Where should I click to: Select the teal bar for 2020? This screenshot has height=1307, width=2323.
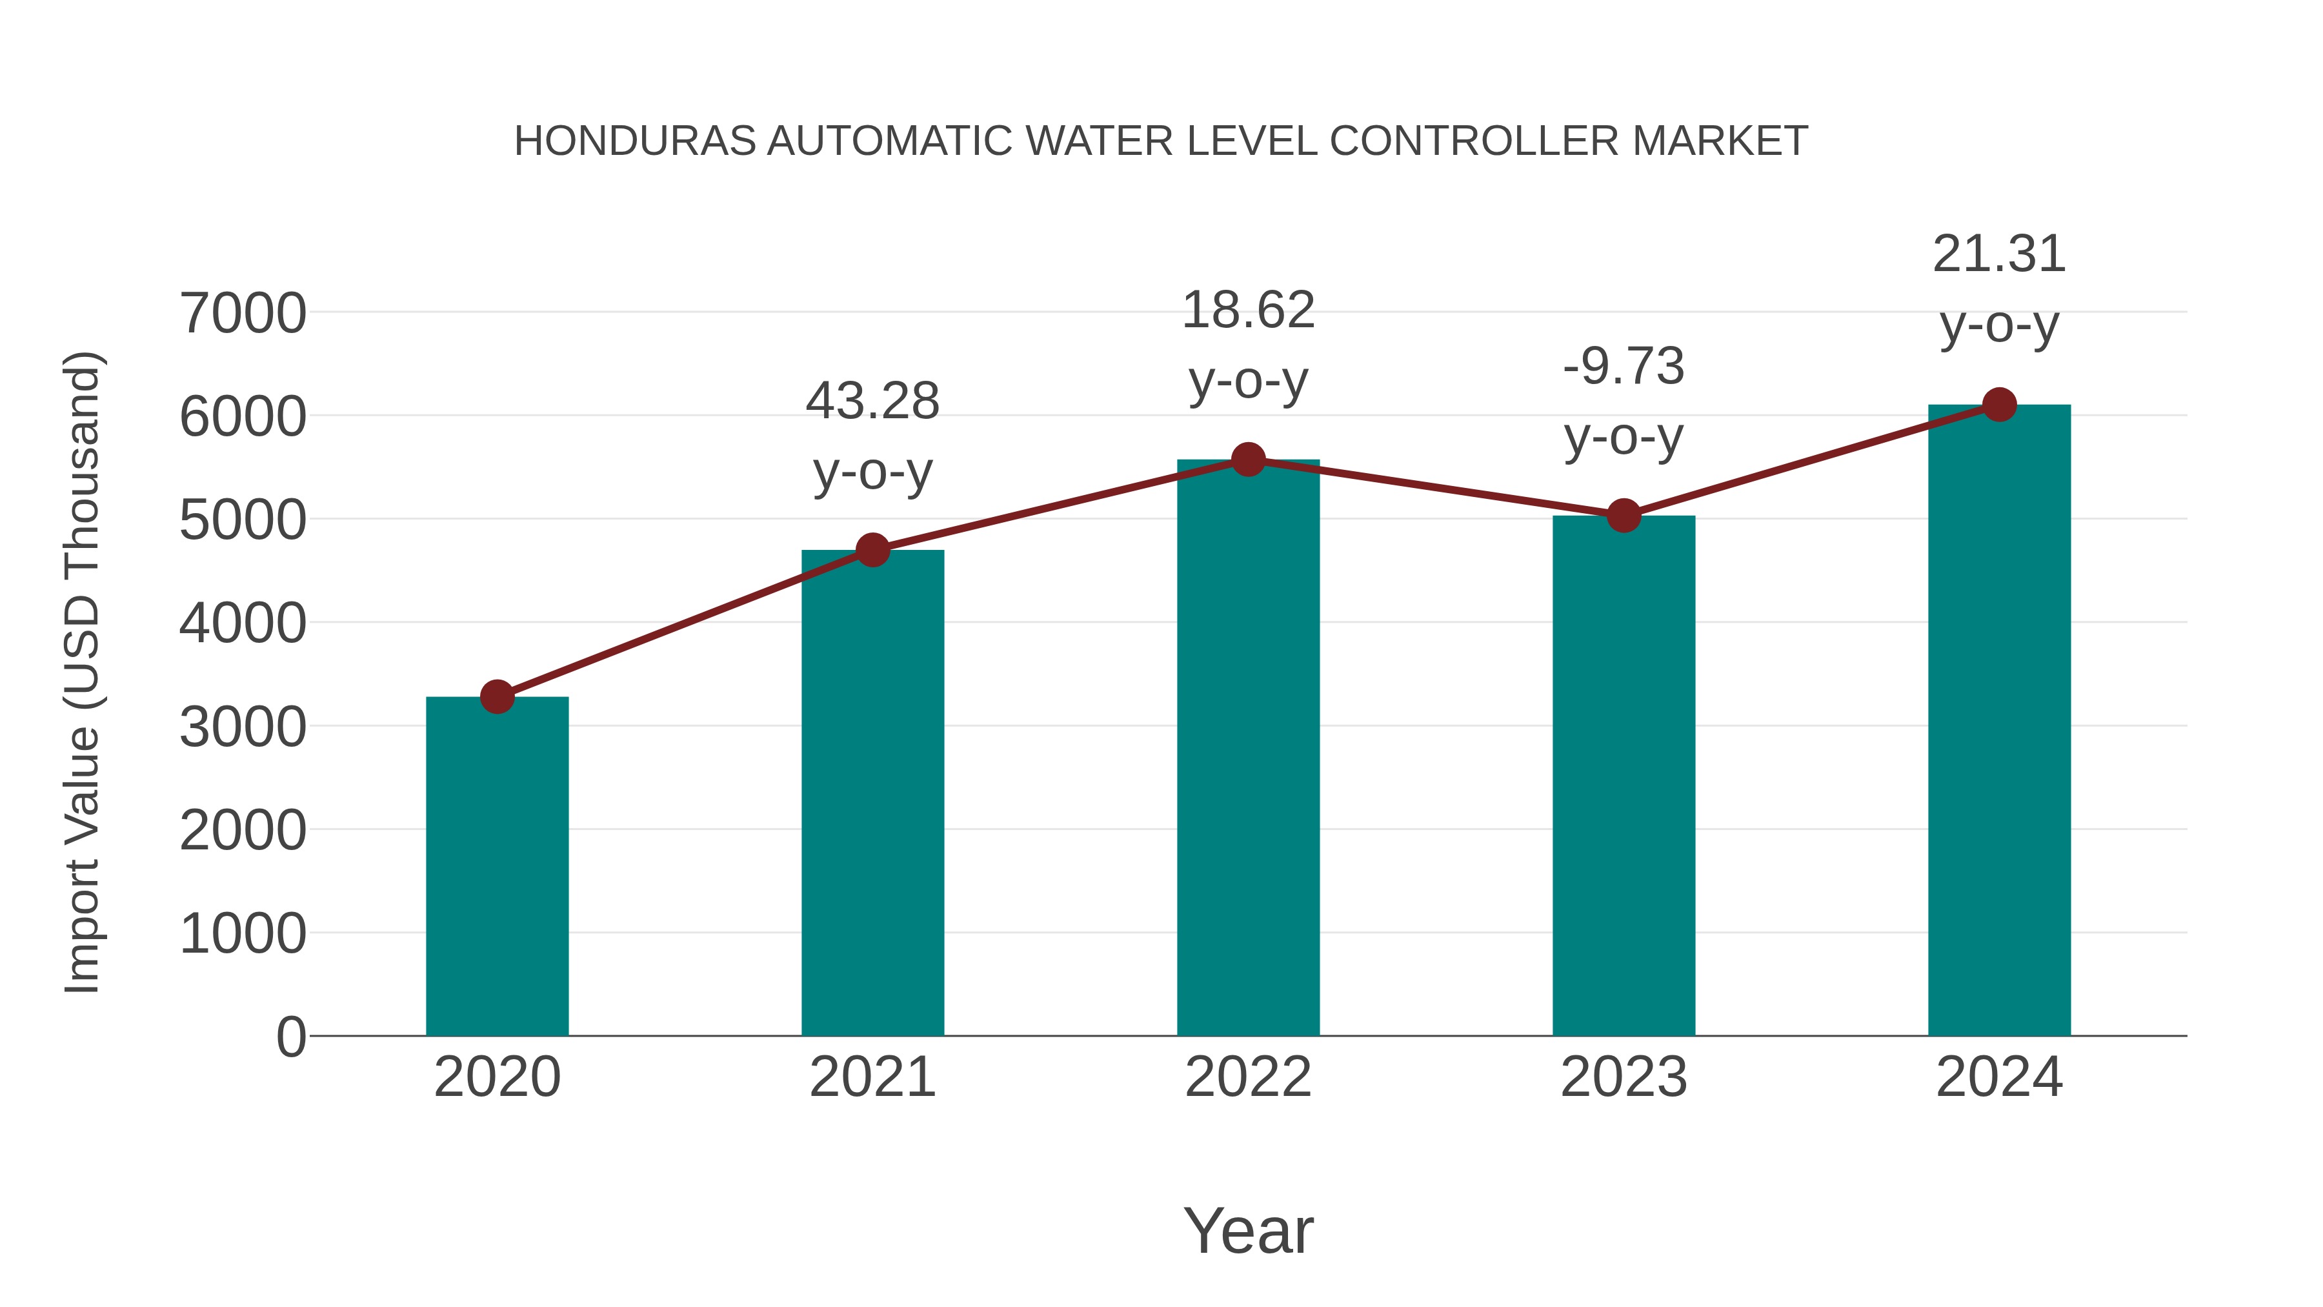[x=497, y=866]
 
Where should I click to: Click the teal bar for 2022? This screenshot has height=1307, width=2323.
[x=1248, y=749]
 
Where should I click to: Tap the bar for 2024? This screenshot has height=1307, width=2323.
[x=1999, y=722]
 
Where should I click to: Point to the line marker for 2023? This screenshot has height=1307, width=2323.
[x=1624, y=516]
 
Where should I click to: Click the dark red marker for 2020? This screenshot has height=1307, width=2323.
[x=497, y=696]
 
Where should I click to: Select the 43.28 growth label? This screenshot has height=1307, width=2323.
[x=872, y=401]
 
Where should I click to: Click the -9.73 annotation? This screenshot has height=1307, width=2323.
[x=1624, y=367]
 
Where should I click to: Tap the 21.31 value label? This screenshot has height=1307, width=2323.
[x=1999, y=254]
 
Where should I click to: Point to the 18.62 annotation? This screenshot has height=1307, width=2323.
[x=1248, y=310]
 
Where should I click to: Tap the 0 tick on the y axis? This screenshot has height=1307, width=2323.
[x=290, y=1037]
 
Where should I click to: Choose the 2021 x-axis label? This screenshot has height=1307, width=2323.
[x=872, y=1077]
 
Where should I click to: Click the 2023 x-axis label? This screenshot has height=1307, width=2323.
[x=1624, y=1077]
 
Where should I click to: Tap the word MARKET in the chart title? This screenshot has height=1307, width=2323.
[x=1719, y=141]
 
